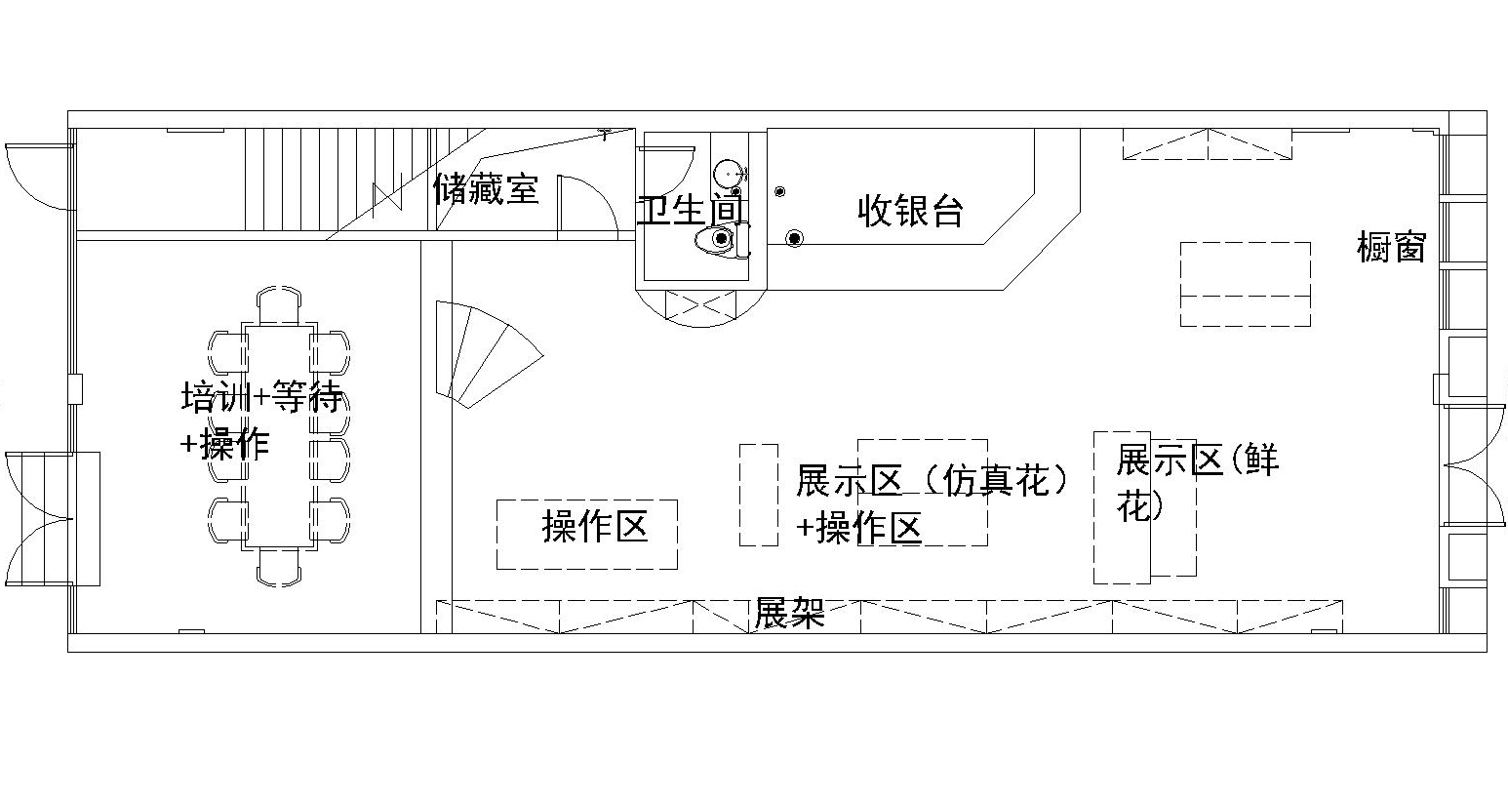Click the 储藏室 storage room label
click(x=486, y=188)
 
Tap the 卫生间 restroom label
click(x=691, y=209)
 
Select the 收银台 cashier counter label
click(x=910, y=210)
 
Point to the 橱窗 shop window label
click(x=1391, y=247)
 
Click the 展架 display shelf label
click(x=789, y=614)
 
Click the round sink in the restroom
click(x=727, y=174)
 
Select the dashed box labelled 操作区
click(x=587, y=534)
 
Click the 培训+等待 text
click(x=261, y=398)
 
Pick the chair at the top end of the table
click(x=279, y=306)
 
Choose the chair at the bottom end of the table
click(x=279, y=565)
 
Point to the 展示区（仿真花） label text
click(x=932, y=480)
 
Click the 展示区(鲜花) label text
click(x=1197, y=461)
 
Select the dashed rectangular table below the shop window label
click(x=1245, y=284)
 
